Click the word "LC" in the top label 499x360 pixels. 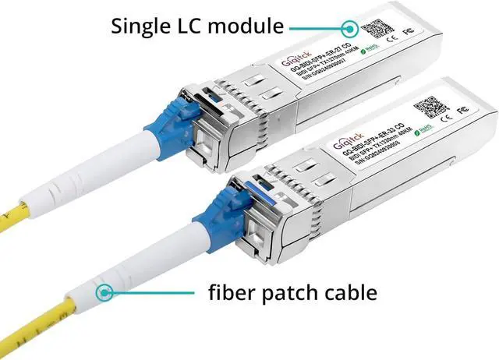point(197,26)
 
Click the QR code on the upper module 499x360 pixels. point(377,30)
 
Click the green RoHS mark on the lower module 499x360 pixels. point(426,125)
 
